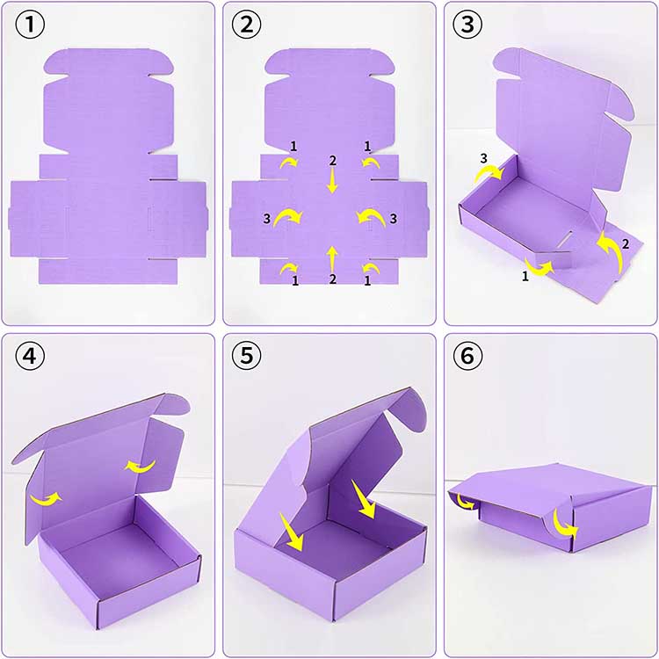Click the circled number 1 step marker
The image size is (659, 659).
[30, 25]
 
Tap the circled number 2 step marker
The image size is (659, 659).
[247, 25]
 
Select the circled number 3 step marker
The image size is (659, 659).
[467, 25]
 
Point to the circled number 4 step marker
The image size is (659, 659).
[30, 356]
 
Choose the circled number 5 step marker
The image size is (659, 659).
[247, 356]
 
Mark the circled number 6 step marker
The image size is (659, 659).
[467, 356]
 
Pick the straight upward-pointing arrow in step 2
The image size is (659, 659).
[332, 259]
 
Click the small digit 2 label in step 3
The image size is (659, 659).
[626, 243]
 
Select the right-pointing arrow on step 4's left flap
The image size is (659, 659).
[47, 499]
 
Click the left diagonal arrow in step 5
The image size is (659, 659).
[291, 532]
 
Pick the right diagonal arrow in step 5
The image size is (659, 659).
[363, 499]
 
